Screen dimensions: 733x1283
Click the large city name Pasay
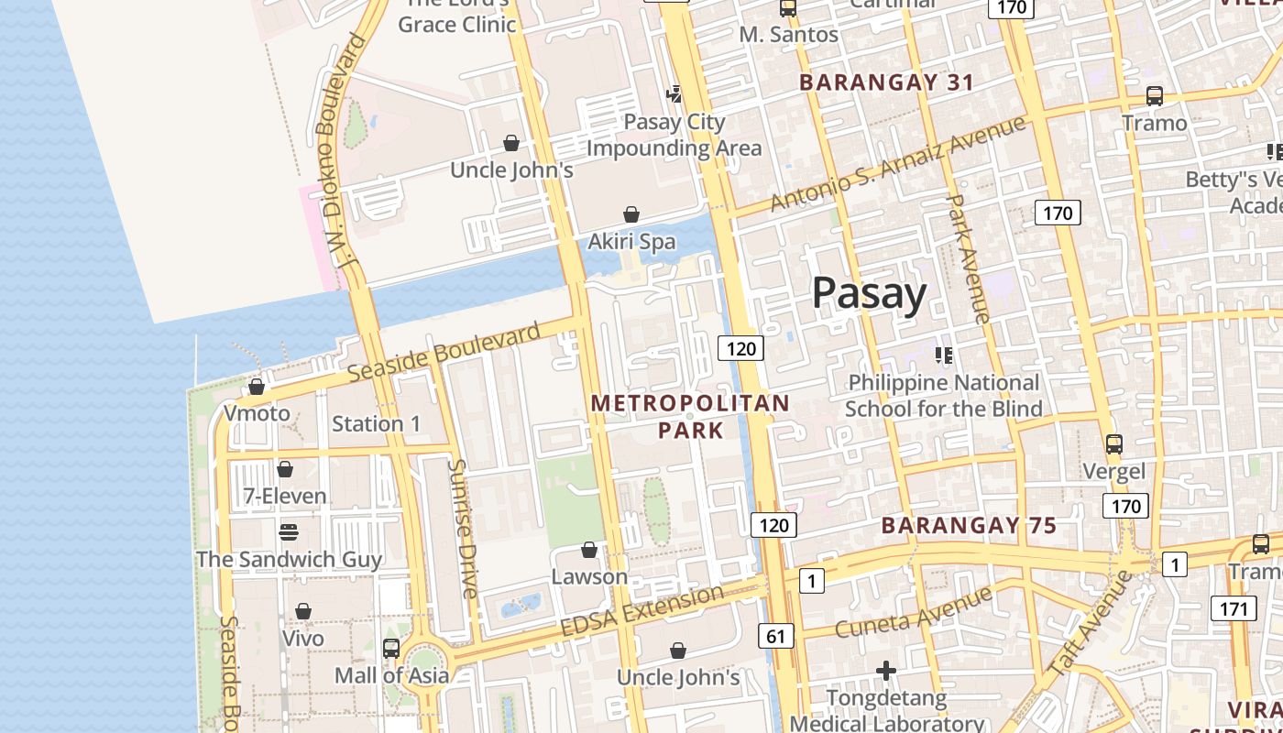pyautogui.click(x=869, y=294)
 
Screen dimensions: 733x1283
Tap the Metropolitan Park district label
pyautogui.click(x=690, y=416)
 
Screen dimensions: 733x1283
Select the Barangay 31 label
pyautogui.click(x=886, y=82)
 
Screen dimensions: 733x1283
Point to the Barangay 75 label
pyautogui.click(x=969, y=526)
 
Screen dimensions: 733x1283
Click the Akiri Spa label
pyautogui.click(x=631, y=242)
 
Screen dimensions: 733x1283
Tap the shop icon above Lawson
pyautogui.click(x=589, y=550)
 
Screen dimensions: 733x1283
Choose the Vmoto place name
pyautogui.click(x=257, y=413)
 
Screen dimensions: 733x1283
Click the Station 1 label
pyautogui.click(x=376, y=423)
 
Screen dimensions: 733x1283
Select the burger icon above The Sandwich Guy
pyautogui.click(x=289, y=532)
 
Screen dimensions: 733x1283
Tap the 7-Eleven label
pyautogui.click(x=284, y=497)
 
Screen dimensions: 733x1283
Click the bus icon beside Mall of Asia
pyautogui.click(x=391, y=648)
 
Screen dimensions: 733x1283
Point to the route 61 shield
pyautogui.click(x=775, y=635)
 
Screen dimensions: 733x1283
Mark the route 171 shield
pyautogui.click(x=1233, y=607)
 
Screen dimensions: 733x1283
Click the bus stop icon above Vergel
pyautogui.click(x=1113, y=444)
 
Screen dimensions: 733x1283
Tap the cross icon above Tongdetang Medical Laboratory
pyautogui.click(x=885, y=672)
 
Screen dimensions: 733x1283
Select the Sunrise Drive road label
pyautogui.click(x=463, y=529)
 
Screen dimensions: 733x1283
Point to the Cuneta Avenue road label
pyautogui.click(x=913, y=611)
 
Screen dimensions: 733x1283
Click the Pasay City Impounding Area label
pyautogui.click(x=674, y=135)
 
